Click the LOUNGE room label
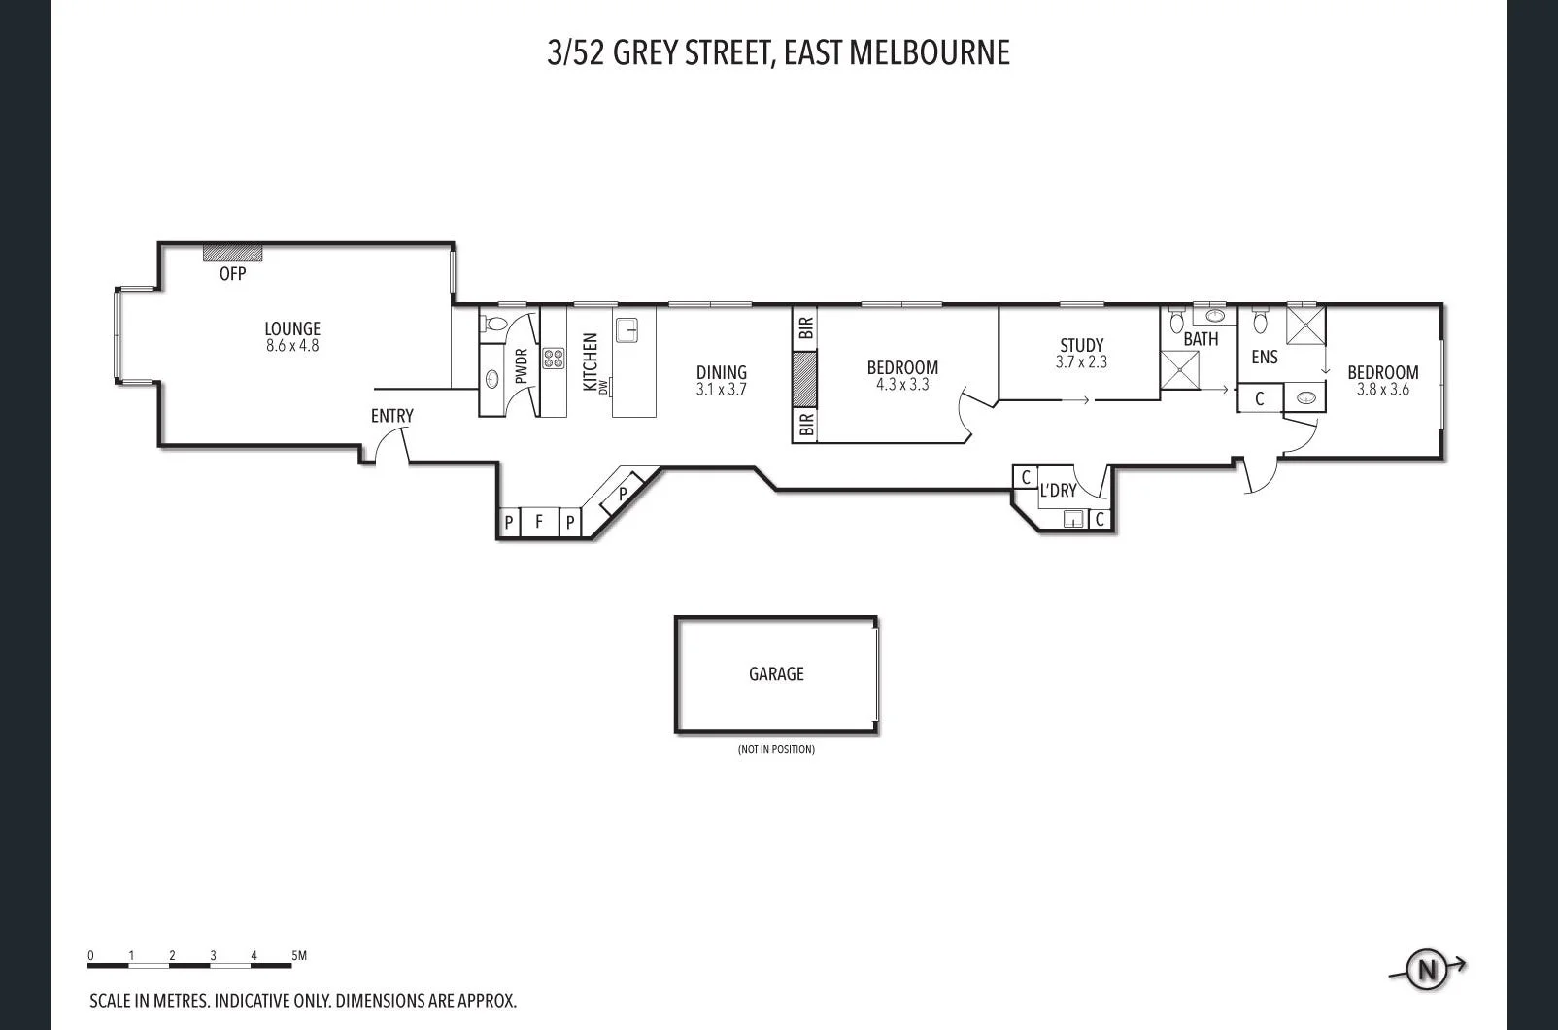pyautogui.click(x=292, y=328)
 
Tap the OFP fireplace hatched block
pyautogui.click(x=232, y=253)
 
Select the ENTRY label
pyautogui.click(x=391, y=416)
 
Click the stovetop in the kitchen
pyautogui.click(x=553, y=359)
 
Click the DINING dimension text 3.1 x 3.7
pyautogui.click(x=721, y=390)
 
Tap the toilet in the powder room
pyautogui.click(x=495, y=324)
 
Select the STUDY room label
pyautogui.click(x=1081, y=345)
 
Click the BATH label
pyautogui.click(x=1201, y=339)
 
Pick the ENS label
pyautogui.click(x=1264, y=358)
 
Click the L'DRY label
pyautogui.click(x=1058, y=491)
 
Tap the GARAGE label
pyautogui.click(x=776, y=673)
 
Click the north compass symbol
pyautogui.click(x=1427, y=969)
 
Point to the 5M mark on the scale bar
pyautogui.click(x=299, y=956)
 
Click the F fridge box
pyautogui.click(x=539, y=522)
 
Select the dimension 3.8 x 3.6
pyautogui.click(x=1382, y=390)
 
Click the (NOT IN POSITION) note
pyautogui.click(x=776, y=749)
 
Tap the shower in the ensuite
pyautogui.click(x=1305, y=325)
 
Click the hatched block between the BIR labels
pyautogui.click(x=804, y=379)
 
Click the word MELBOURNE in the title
pyautogui.click(x=930, y=52)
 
